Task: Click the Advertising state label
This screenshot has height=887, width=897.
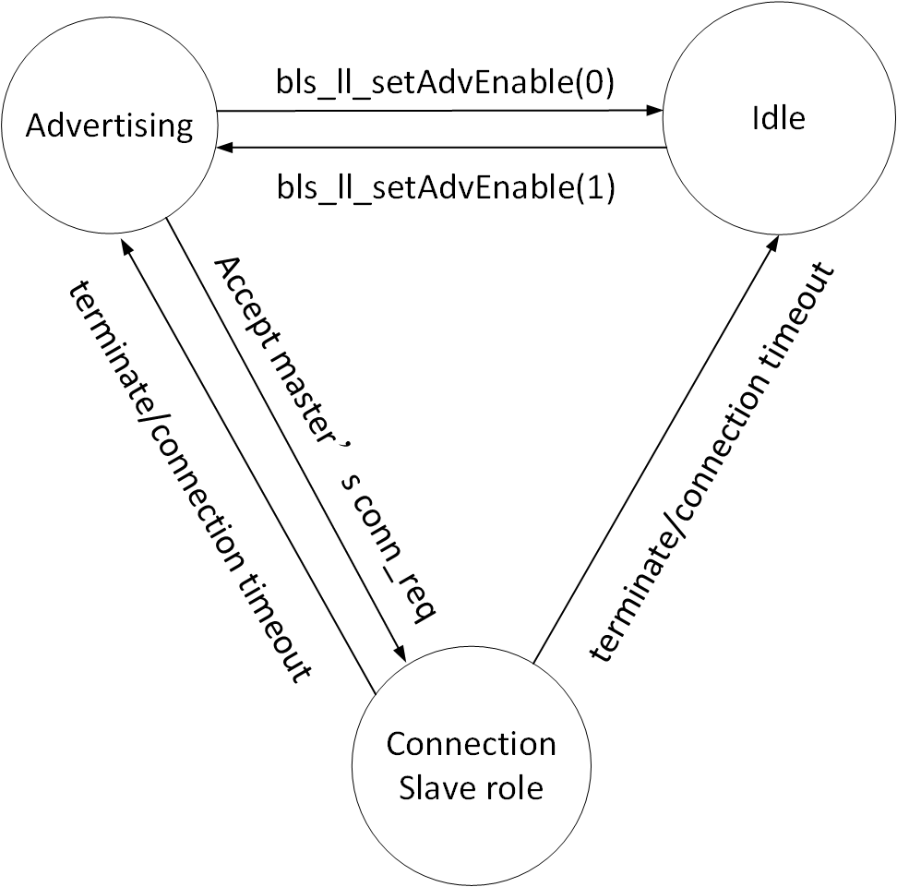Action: click(x=110, y=126)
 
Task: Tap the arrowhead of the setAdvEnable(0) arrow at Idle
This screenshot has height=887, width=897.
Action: click(x=654, y=111)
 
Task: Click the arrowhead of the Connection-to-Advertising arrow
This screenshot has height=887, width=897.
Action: click(x=127, y=245)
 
